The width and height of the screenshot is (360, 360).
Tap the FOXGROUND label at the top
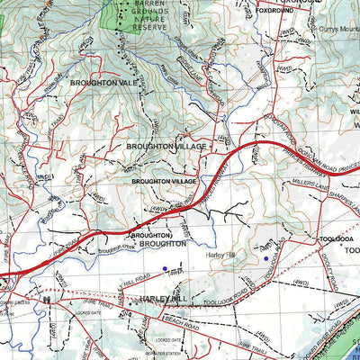click(275, 11)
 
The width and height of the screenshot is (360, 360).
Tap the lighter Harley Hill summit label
click(219, 255)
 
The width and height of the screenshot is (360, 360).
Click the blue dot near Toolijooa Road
click(265, 259)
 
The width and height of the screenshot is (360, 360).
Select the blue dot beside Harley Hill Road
click(164, 268)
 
